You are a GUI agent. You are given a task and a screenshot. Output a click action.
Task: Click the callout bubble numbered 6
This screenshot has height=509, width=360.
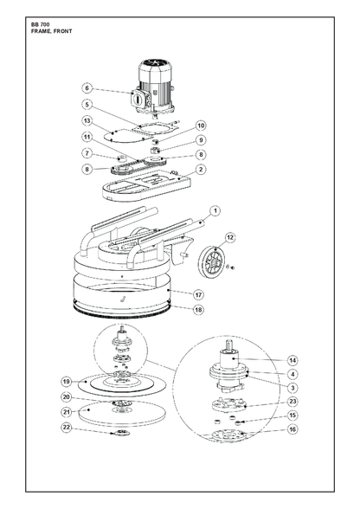87,88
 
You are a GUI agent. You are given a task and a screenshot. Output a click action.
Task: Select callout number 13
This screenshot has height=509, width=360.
87,121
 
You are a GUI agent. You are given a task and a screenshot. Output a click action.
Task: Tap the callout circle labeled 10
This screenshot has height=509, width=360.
201,126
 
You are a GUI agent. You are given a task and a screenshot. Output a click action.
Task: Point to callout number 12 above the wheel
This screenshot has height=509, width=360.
230,237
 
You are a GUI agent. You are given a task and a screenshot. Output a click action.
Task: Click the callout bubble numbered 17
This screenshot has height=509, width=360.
199,295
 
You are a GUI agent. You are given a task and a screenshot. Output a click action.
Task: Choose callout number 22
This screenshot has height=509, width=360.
67,428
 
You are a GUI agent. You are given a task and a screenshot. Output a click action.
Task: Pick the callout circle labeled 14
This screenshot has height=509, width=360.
292,360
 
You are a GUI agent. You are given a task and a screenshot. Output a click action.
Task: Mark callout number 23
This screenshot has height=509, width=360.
292,402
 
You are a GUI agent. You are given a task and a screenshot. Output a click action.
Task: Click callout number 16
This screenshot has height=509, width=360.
292,429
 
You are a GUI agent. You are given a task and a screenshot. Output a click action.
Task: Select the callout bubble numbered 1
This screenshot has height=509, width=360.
215,211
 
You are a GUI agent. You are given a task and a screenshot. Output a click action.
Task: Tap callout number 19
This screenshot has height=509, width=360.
67,382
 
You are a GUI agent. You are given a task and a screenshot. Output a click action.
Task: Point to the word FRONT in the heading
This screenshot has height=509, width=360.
63,31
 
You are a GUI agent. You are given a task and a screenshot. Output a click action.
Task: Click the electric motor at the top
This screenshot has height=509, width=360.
154,87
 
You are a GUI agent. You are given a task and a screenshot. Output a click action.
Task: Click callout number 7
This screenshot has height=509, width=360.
87,153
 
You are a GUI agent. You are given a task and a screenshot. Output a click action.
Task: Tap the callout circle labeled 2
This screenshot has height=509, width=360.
201,169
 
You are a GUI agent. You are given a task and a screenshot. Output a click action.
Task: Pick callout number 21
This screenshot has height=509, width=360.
67,412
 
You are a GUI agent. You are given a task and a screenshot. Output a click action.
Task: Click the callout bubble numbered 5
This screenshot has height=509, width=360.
87,105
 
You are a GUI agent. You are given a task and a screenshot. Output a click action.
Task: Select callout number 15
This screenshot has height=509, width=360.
292,416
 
